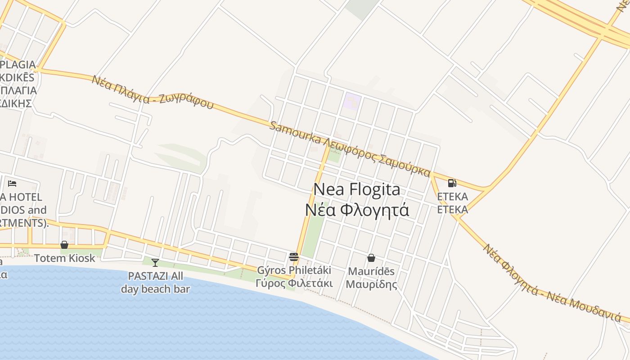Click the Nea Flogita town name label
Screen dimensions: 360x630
point(356,189)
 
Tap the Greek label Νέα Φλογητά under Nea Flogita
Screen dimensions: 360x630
point(357,210)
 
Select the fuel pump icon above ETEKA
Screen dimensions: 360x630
point(452,183)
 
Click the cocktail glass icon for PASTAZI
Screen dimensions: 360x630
point(155,262)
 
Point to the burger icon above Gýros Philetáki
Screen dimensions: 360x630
point(294,257)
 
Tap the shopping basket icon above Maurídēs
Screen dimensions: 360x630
point(371,258)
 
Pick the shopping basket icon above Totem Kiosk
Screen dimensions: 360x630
point(64,245)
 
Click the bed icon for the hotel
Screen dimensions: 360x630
point(12,183)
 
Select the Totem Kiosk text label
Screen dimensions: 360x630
point(65,258)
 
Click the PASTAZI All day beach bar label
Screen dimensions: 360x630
point(155,282)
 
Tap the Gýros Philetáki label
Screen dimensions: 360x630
point(294,270)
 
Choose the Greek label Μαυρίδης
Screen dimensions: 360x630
point(371,284)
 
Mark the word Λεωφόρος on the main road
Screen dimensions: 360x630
point(350,151)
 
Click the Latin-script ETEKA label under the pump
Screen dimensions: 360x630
point(452,197)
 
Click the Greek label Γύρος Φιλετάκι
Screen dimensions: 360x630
point(294,283)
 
